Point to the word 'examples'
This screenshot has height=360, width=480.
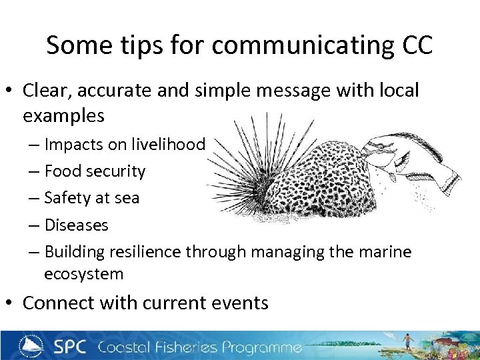pyautogui.click(x=63, y=115)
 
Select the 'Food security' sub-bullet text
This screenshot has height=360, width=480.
pyautogui.click(x=95, y=171)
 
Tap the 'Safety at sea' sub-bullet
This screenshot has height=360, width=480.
pyautogui.click(x=92, y=198)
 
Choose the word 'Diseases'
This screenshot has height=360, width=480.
pyautogui.click(x=76, y=225)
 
